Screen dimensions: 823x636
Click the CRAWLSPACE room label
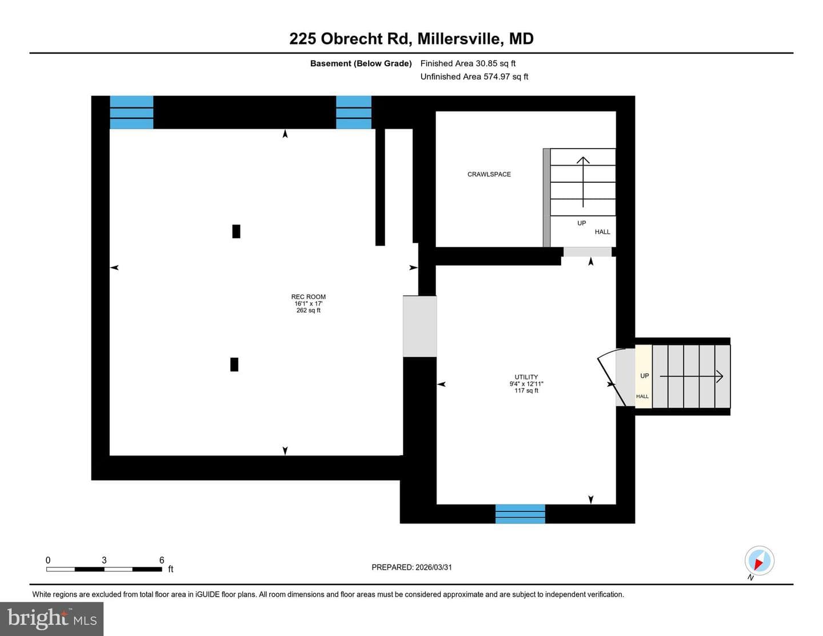click(489, 174)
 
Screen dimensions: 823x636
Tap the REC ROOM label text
click(308, 297)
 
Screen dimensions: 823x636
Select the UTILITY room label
click(526, 377)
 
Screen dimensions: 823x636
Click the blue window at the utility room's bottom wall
click(520, 514)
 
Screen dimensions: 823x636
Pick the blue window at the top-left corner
click(131, 113)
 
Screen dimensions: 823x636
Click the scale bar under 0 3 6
click(104, 569)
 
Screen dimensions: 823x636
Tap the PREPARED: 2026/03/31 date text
click(411, 567)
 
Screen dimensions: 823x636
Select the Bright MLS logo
click(51, 619)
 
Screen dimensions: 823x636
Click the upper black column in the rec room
click(236, 231)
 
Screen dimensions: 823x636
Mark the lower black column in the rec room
click(234, 365)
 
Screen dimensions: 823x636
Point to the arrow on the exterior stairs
click(692, 377)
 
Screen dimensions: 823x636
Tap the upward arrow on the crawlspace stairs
click(583, 182)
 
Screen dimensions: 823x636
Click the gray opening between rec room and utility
click(420, 326)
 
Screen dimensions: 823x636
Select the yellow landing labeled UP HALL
click(644, 377)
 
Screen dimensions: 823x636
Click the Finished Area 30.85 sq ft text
click(468, 63)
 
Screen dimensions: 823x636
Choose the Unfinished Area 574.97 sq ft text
click(474, 77)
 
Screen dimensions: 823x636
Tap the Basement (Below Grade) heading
click(361, 63)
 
